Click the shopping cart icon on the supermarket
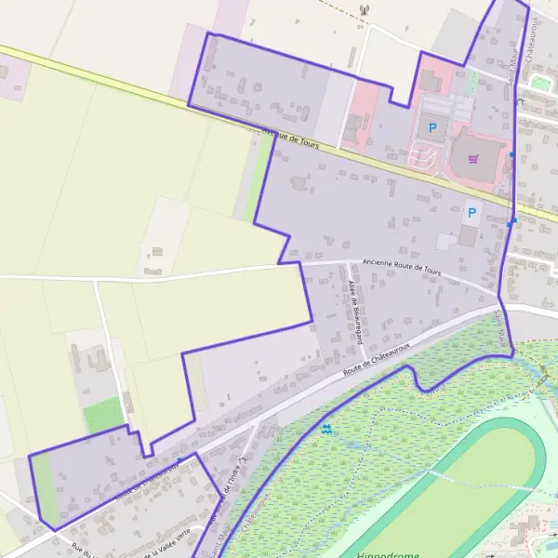click(x=472, y=158)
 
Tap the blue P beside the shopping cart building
click(x=432, y=126)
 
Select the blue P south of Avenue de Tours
click(x=472, y=213)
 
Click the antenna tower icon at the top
click(x=363, y=10)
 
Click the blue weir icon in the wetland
click(x=326, y=430)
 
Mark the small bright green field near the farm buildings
click(x=102, y=414)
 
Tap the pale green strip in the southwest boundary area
click(x=45, y=488)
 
